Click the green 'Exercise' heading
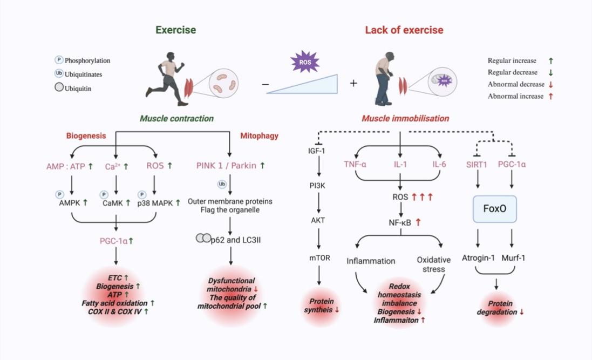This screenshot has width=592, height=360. click(x=175, y=30)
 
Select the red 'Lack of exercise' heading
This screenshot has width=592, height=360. click(x=404, y=30)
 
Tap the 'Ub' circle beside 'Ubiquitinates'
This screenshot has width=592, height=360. click(x=59, y=74)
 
